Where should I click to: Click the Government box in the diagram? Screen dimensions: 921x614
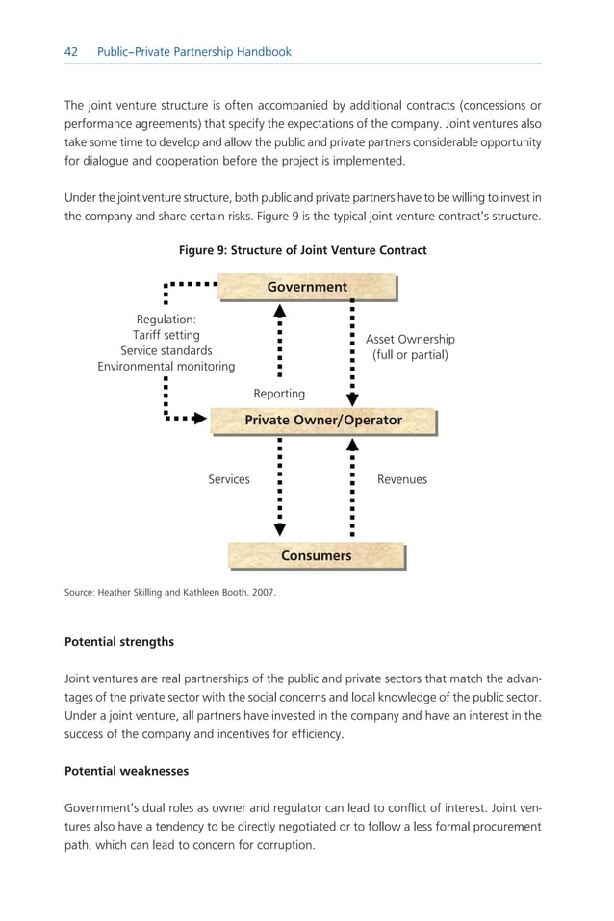(x=307, y=287)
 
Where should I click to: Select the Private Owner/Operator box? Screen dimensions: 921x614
(x=323, y=421)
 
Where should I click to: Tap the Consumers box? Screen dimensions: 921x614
(x=316, y=556)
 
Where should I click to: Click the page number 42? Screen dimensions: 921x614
(x=71, y=52)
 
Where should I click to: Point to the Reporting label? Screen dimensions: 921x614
(x=279, y=394)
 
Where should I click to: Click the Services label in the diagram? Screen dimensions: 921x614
(x=229, y=479)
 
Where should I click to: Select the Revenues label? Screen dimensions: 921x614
(x=402, y=479)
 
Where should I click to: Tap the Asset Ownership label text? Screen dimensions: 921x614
(x=410, y=340)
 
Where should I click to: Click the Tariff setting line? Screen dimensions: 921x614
(x=166, y=335)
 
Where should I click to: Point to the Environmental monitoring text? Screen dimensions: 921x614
(x=166, y=367)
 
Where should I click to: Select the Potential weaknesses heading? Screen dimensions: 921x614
(x=125, y=771)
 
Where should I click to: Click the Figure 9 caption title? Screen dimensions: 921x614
(x=303, y=250)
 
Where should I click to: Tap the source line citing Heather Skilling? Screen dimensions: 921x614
(x=169, y=592)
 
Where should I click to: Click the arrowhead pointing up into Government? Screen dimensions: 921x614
(x=280, y=311)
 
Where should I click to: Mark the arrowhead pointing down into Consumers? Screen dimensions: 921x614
(x=280, y=528)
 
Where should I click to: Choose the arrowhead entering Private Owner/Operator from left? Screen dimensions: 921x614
(x=200, y=419)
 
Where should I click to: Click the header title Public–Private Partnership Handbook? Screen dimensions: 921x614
(x=194, y=52)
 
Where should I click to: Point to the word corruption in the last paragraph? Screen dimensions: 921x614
(x=285, y=845)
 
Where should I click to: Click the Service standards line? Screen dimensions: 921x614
(x=166, y=351)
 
